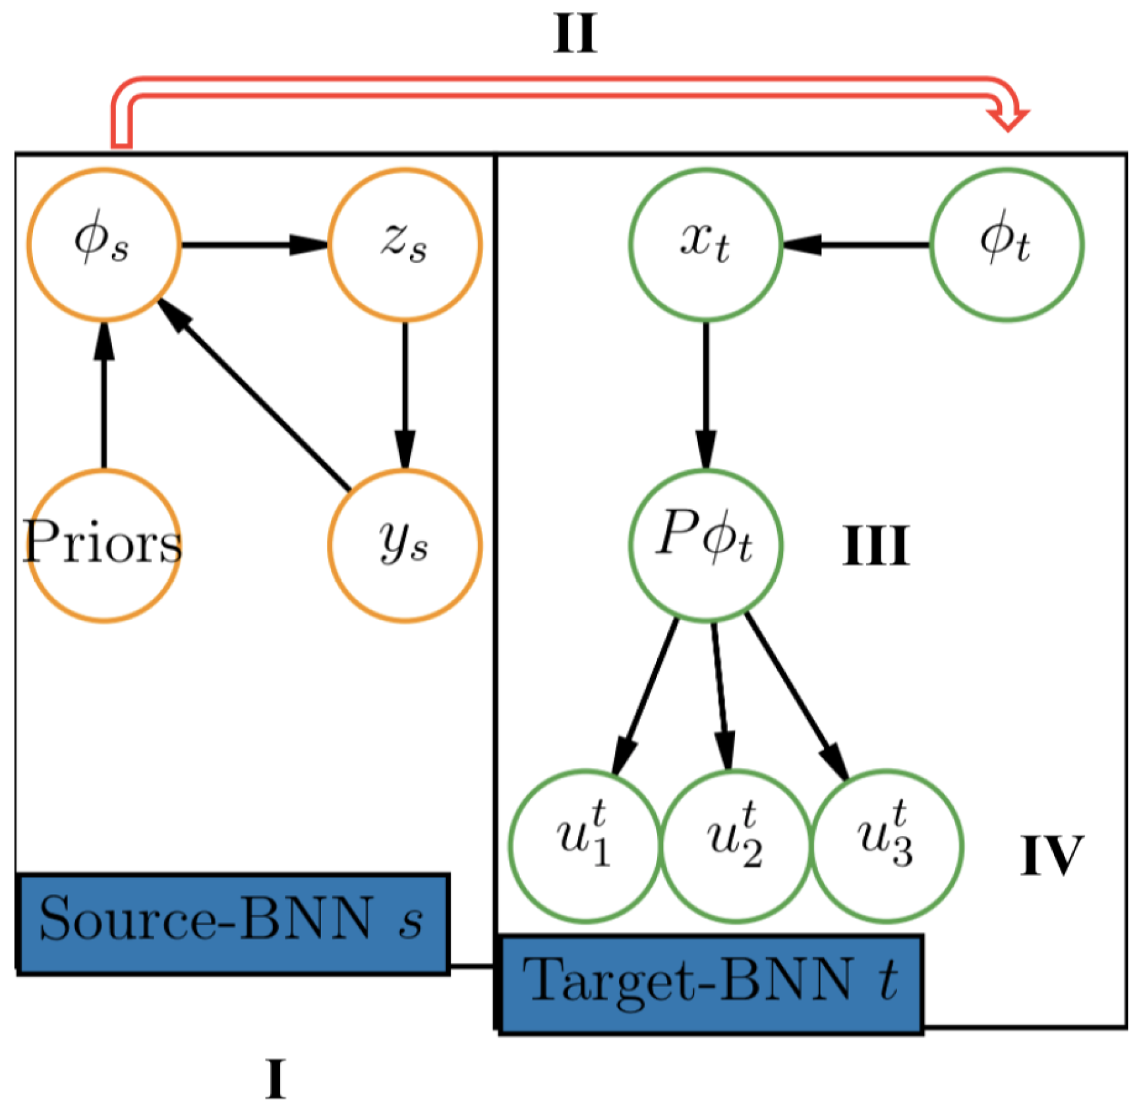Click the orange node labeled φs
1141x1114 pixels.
click(x=103, y=244)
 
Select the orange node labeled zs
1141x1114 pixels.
click(x=405, y=244)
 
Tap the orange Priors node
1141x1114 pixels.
click(x=103, y=545)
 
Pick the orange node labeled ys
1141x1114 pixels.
click(x=405, y=545)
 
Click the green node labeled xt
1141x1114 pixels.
click(x=705, y=244)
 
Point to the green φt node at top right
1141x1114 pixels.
click(x=1007, y=244)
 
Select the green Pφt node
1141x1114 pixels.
click(x=705, y=545)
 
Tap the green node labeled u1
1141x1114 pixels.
click(x=584, y=845)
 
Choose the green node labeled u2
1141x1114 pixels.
click(x=735, y=845)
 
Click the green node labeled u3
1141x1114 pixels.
click(x=887, y=845)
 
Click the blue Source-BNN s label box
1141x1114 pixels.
click(x=233, y=922)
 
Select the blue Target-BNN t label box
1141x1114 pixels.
click(x=711, y=984)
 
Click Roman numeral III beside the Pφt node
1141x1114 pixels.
click(x=876, y=546)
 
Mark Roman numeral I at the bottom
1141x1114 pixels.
click(x=276, y=1078)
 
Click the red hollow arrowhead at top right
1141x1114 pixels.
click(x=1008, y=119)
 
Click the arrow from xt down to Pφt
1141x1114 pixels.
click(x=705, y=395)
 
